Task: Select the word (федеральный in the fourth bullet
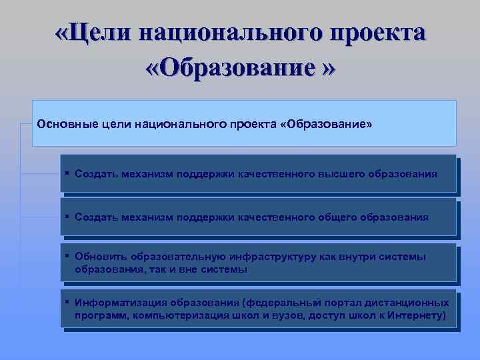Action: [x=279, y=302]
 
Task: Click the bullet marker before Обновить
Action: [x=68, y=256]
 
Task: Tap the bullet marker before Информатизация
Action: [x=68, y=301]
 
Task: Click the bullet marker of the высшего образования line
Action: [x=68, y=173]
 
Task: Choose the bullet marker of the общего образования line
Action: [x=68, y=217]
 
